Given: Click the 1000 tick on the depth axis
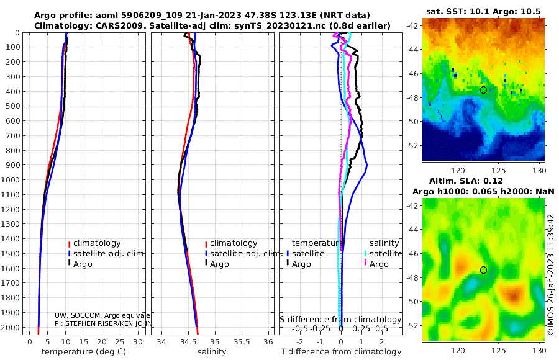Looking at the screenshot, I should [12, 180].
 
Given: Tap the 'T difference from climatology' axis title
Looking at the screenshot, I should [341, 352].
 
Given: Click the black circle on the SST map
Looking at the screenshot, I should [483, 90].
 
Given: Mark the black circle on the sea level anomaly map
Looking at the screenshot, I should [483, 270].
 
